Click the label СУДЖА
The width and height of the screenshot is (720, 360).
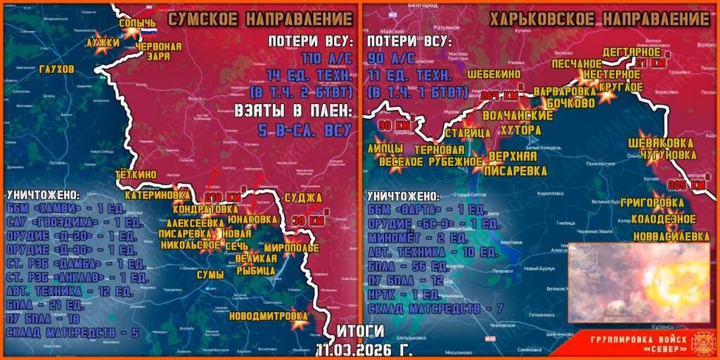pos(304,197)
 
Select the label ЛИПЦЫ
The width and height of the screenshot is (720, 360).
pos(385,149)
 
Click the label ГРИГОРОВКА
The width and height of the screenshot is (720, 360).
pos(652,203)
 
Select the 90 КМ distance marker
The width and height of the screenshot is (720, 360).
pos(394,125)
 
